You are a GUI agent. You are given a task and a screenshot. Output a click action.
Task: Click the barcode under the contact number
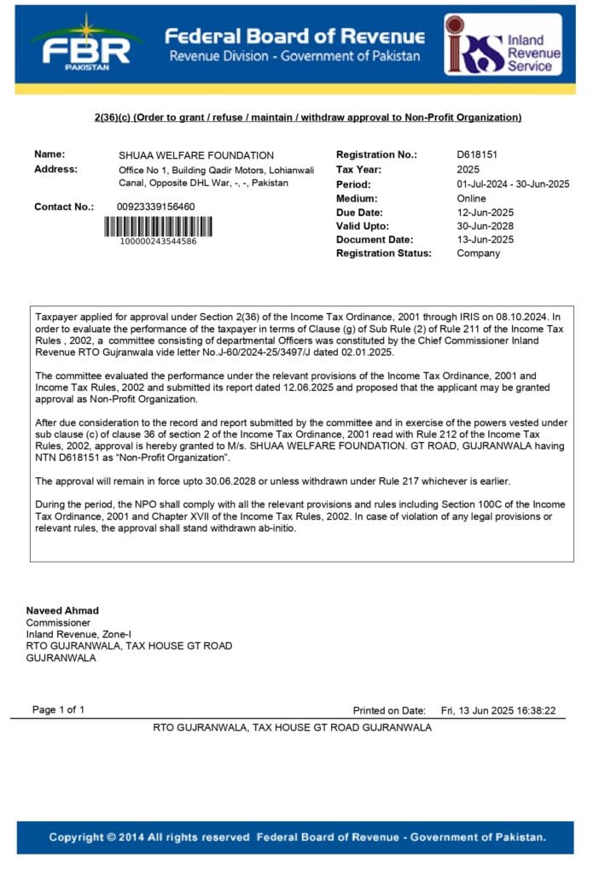(x=159, y=226)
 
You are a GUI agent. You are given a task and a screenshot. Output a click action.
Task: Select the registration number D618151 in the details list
(x=477, y=155)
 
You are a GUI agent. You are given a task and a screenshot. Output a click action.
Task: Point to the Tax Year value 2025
(x=469, y=170)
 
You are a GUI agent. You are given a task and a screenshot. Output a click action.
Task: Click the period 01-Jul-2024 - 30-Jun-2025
(x=513, y=184)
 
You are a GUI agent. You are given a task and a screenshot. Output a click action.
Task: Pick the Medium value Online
(x=471, y=198)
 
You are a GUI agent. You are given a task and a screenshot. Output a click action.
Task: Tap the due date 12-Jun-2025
(x=485, y=212)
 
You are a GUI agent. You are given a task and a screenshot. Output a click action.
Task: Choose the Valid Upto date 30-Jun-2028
(x=485, y=226)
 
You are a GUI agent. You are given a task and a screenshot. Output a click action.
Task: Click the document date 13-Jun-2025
(x=485, y=240)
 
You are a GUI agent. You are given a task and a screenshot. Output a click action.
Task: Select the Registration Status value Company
(x=478, y=253)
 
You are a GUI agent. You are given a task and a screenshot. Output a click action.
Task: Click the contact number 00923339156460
(x=155, y=207)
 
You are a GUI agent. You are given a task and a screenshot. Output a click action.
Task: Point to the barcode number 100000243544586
(x=159, y=242)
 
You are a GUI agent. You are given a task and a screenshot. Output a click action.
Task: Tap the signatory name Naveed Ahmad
(x=62, y=610)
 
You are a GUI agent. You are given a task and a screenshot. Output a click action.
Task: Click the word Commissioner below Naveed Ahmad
(x=58, y=622)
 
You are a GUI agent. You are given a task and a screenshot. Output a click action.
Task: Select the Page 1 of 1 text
(x=58, y=709)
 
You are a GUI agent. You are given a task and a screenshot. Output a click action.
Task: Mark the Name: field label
(x=49, y=154)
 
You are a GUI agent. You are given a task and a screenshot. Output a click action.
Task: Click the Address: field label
(x=55, y=169)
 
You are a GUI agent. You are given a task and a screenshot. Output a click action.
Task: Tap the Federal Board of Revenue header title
(x=294, y=37)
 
